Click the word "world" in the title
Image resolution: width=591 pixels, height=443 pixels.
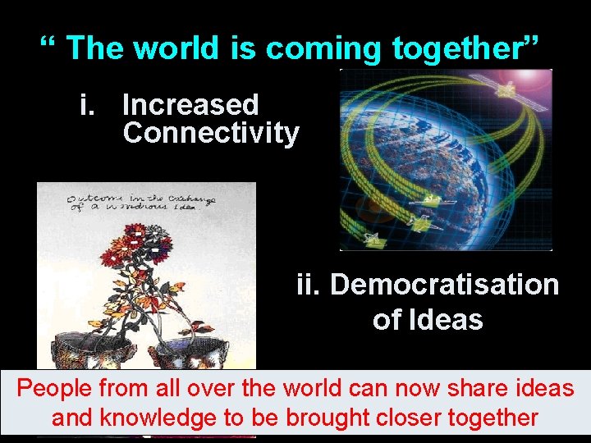(x=176, y=48)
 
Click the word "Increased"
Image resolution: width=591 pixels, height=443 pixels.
(x=190, y=105)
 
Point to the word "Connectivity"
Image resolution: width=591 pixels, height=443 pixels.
(x=211, y=133)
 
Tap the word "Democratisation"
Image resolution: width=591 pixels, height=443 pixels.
(x=444, y=285)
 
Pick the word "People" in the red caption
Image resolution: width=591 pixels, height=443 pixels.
(x=56, y=388)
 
